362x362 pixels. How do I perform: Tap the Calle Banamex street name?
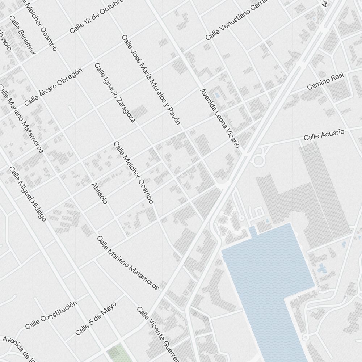[x=23, y=35]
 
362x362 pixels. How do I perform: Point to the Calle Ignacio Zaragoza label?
[x=115, y=93]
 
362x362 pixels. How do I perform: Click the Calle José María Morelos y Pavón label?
[x=151, y=80]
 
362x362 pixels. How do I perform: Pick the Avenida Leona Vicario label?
[x=220, y=118]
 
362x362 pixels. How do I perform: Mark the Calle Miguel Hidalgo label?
[x=28, y=194]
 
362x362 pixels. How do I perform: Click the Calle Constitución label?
[x=51, y=315]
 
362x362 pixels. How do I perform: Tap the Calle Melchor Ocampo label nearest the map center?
[x=133, y=172]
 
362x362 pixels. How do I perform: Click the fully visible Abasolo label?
[x=99, y=193]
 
